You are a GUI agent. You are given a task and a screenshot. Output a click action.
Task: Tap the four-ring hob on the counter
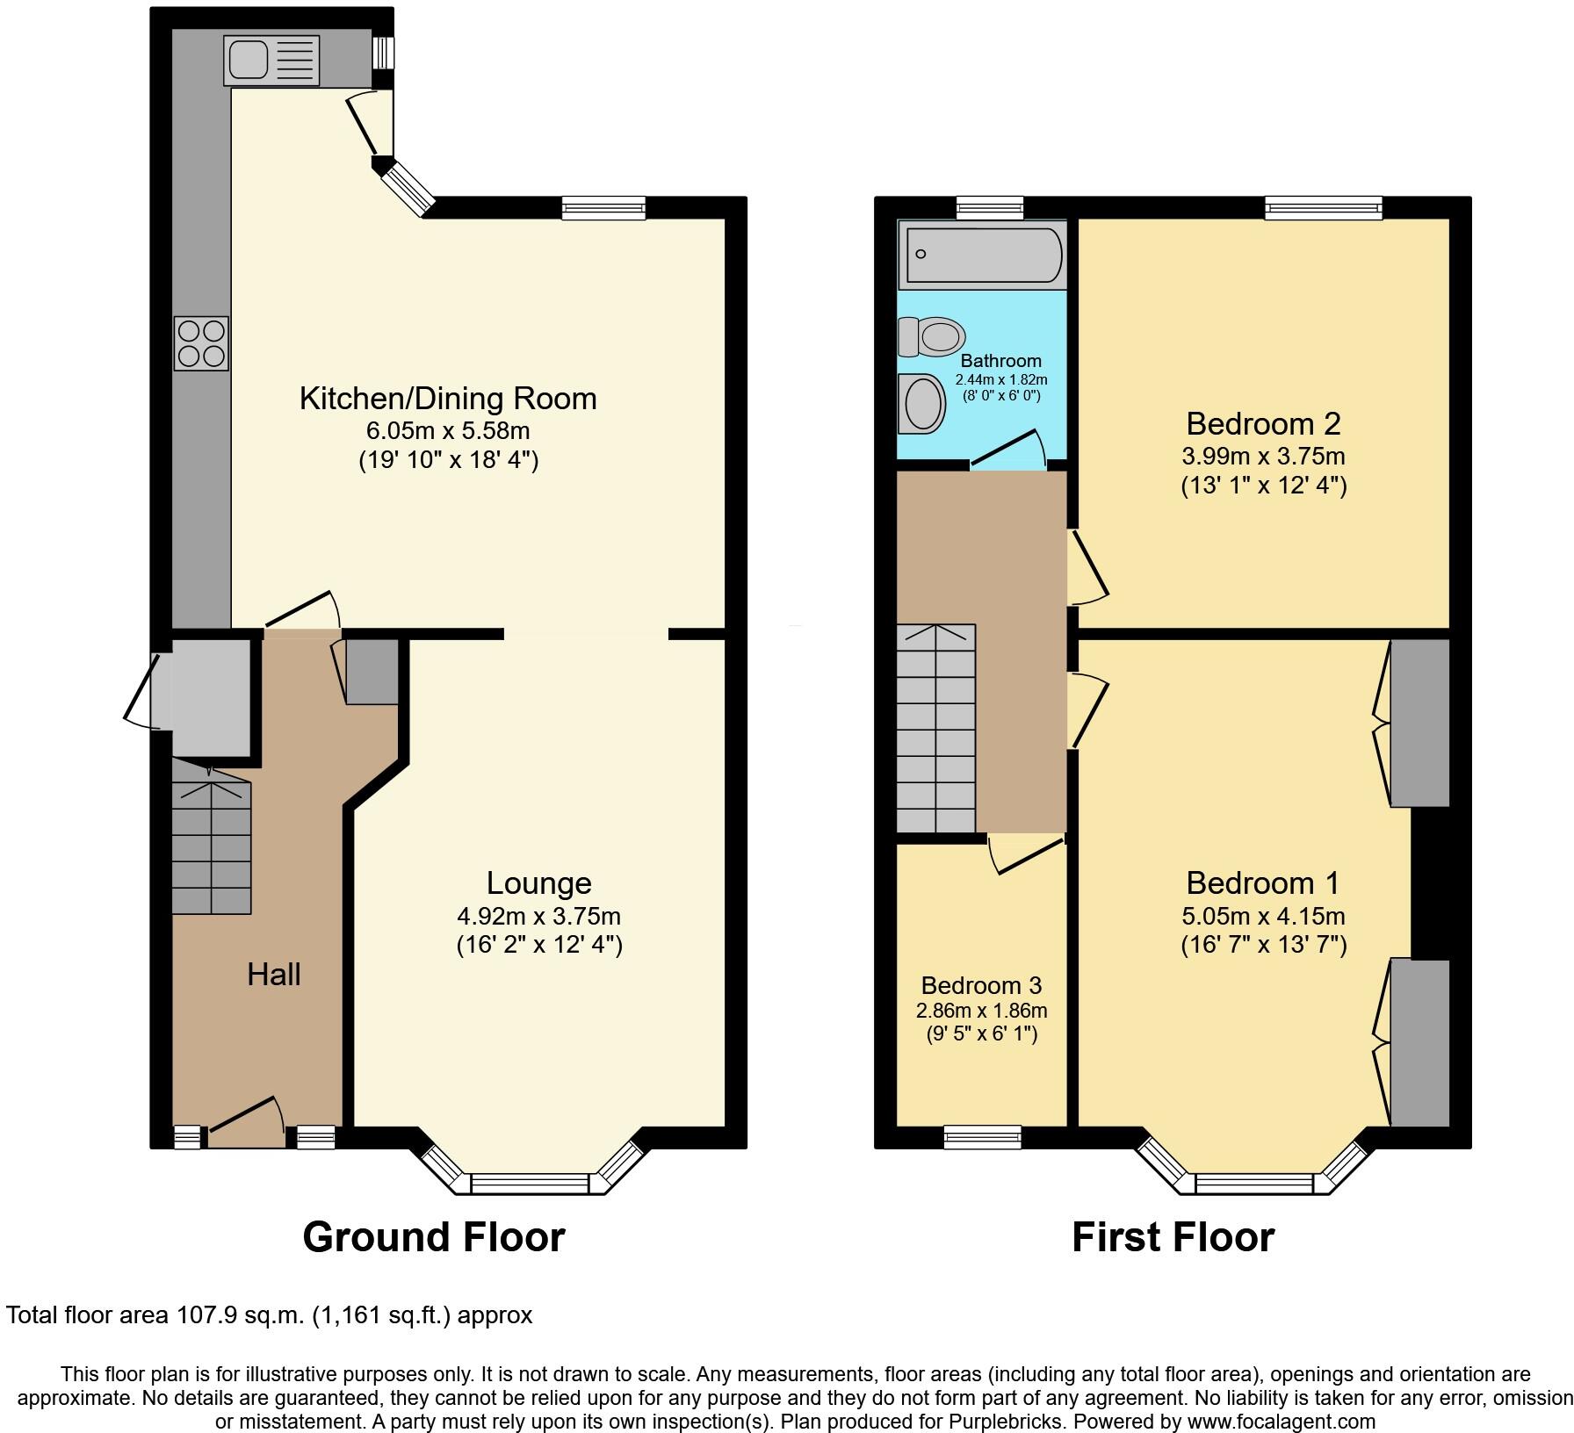pos(201,343)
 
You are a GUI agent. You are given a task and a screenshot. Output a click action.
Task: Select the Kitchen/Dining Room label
pos(448,399)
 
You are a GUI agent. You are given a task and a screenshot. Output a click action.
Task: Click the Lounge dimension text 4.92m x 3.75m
pos(538,917)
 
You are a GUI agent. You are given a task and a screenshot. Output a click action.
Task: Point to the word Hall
pos(274,974)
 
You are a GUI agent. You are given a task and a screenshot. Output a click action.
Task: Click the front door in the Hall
pos(245,1125)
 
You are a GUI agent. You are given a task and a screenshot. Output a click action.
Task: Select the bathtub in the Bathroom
pos(981,255)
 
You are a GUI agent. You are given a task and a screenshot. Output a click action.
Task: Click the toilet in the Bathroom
pos(932,336)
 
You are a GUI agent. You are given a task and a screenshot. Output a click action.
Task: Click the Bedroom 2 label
pos(1263,424)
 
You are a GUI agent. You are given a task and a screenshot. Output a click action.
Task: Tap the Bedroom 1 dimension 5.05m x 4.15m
pos(1263,917)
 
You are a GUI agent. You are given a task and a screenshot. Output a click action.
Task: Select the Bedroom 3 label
pos(981,985)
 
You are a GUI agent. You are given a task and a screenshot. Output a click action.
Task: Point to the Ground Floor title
pos(434,1237)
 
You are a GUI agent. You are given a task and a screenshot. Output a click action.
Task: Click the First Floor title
pos(1173,1237)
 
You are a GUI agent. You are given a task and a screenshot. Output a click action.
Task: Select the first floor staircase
pos(935,729)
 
